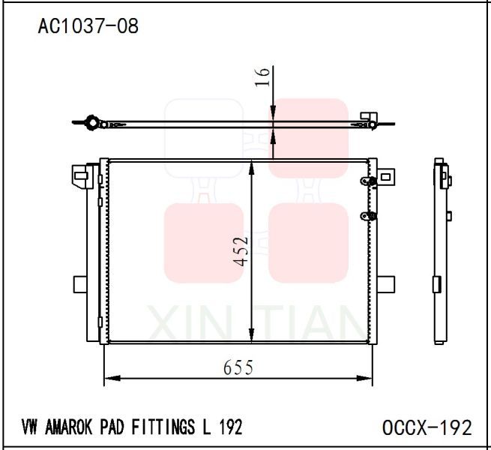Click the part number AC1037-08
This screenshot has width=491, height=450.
[x=88, y=26]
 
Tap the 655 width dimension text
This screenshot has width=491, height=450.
[x=238, y=367]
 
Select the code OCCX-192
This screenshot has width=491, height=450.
[x=427, y=427]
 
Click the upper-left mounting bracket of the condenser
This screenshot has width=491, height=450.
[x=80, y=176]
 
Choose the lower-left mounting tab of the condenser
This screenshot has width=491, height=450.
[x=81, y=285]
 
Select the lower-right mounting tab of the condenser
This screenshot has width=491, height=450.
[x=385, y=284]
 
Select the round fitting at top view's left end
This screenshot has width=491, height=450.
[x=91, y=122]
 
